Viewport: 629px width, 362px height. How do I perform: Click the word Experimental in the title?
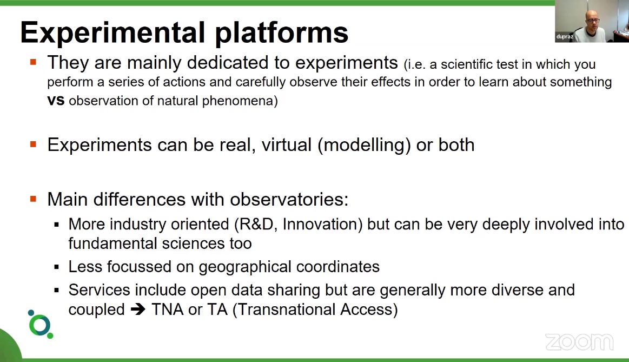112,32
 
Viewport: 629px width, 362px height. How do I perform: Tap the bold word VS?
56,101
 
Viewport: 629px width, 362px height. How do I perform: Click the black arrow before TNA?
138,310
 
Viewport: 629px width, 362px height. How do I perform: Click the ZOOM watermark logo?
579,342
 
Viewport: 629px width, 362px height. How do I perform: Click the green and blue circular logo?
40,324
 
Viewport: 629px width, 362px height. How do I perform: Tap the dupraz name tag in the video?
564,37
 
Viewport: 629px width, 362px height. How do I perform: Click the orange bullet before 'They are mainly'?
34,63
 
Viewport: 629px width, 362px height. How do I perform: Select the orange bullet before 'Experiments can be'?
34,144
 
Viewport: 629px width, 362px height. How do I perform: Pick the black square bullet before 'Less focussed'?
57,267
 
